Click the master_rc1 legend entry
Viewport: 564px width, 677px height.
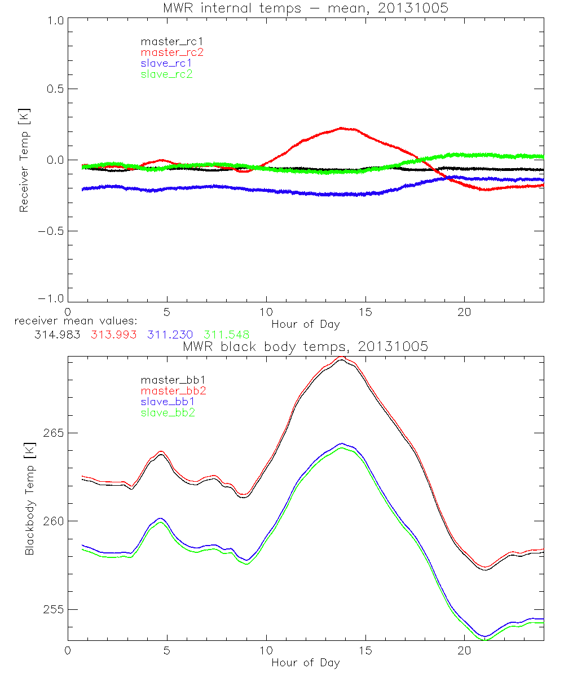168,42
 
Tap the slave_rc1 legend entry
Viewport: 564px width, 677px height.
166,63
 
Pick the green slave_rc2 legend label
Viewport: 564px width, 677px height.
166,74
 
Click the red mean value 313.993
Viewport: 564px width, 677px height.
113,335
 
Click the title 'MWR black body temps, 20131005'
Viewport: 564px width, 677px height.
305,347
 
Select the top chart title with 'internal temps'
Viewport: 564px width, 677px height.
305,8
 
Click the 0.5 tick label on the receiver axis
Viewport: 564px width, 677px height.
54,89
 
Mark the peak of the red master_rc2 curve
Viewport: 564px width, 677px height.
341,128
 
